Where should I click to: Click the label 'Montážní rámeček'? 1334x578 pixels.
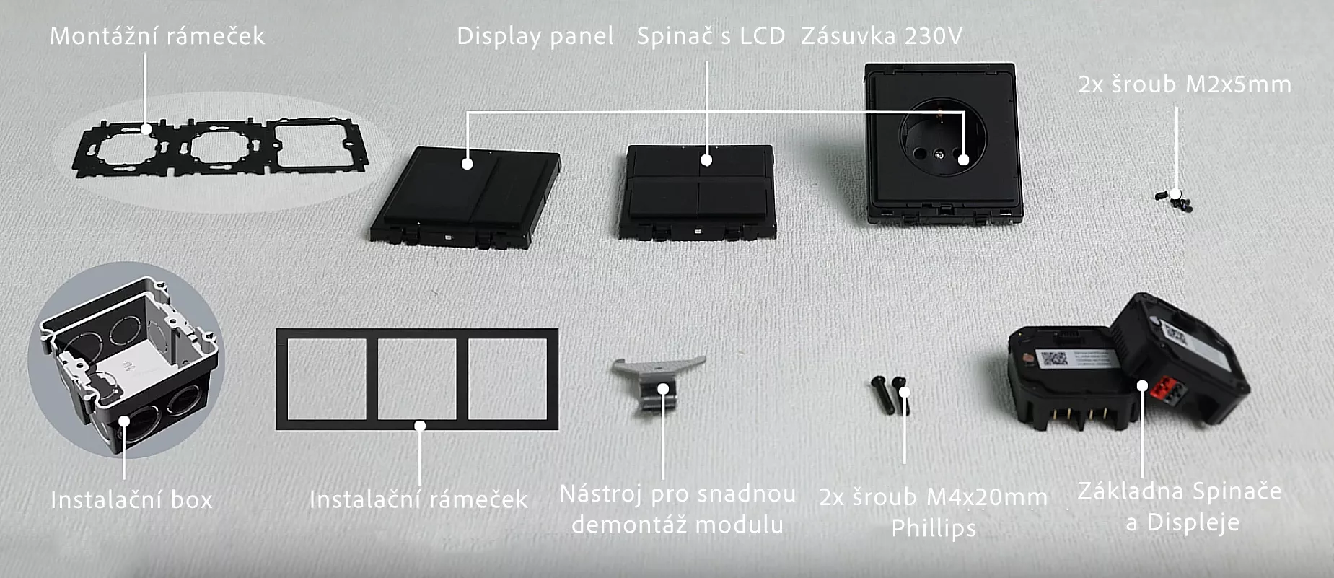click(157, 36)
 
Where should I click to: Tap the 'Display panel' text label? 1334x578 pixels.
click(535, 36)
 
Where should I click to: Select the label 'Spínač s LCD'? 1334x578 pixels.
click(711, 36)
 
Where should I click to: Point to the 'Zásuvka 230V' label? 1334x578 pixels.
click(882, 36)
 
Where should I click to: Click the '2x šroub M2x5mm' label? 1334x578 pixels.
click(1185, 84)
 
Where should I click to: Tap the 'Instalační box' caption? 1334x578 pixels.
click(131, 499)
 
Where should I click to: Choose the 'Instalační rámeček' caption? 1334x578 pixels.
click(418, 499)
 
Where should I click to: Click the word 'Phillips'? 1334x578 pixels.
click(934, 528)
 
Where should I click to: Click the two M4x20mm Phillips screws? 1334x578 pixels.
click(892, 395)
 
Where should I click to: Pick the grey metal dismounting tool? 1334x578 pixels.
click(657, 384)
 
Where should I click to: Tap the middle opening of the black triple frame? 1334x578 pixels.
click(417, 379)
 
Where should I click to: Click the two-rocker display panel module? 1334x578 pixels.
click(465, 197)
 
